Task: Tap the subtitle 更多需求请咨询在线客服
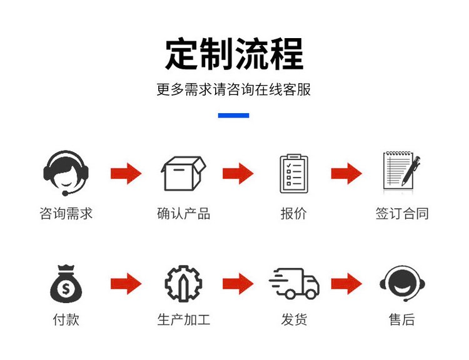(x=234, y=90)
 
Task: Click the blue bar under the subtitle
(x=234, y=115)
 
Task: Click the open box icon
(x=183, y=173)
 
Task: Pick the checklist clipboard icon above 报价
(x=293, y=173)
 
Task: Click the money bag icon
(x=66, y=284)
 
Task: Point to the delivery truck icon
(x=294, y=284)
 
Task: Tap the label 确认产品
(x=183, y=214)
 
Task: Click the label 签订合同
(x=402, y=214)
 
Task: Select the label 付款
(x=66, y=320)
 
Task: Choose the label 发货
(x=294, y=320)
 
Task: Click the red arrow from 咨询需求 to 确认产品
(x=126, y=173)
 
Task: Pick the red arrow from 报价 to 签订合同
(x=346, y=173)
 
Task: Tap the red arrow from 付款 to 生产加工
(x=126, y=284)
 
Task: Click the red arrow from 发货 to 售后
(x=346, y=284)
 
